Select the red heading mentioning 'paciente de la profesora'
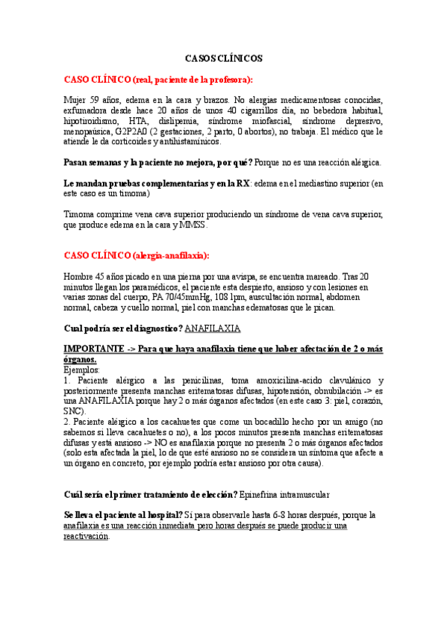[x=158, y=79]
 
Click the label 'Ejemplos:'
[x=82, y=369]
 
